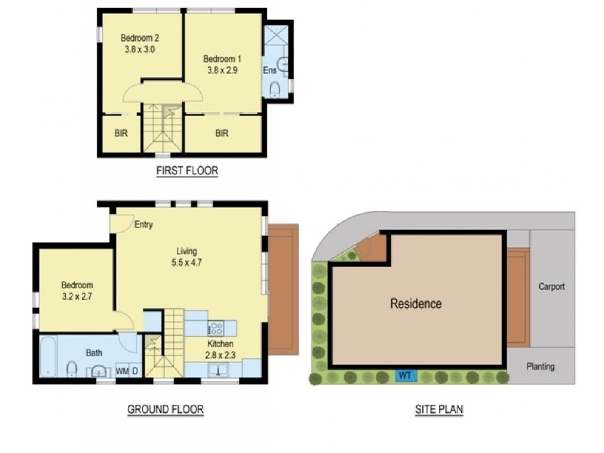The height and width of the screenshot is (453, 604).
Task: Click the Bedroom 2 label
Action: [140, 38]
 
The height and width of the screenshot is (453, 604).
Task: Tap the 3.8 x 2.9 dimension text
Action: [222, 70]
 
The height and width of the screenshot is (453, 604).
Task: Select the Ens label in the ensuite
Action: [270, 70]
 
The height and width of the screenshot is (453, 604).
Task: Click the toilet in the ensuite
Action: [275, 90]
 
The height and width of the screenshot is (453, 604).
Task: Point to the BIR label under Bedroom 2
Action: [121, 134]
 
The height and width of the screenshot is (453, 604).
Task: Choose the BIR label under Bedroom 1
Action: [222, 134]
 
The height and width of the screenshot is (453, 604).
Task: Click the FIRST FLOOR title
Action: [187, 171]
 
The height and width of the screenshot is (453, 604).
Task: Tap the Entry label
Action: [143, 224]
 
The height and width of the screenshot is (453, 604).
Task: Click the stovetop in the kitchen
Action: [216, 328]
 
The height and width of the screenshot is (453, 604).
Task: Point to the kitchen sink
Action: [218, 370]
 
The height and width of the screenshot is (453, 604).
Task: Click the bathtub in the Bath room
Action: [48, 356]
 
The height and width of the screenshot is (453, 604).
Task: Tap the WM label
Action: [122, 371]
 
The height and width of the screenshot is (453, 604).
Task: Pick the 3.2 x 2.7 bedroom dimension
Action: [77, 297]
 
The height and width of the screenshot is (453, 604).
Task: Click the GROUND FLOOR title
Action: [165, 409]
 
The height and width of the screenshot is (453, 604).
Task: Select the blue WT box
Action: [405, 375]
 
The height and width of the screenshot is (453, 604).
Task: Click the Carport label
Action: [552, 287]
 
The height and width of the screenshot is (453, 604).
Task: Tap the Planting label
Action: [541, 366]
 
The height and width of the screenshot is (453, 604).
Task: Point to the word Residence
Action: [416, 304]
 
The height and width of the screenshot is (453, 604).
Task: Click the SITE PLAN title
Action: [439, 409]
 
